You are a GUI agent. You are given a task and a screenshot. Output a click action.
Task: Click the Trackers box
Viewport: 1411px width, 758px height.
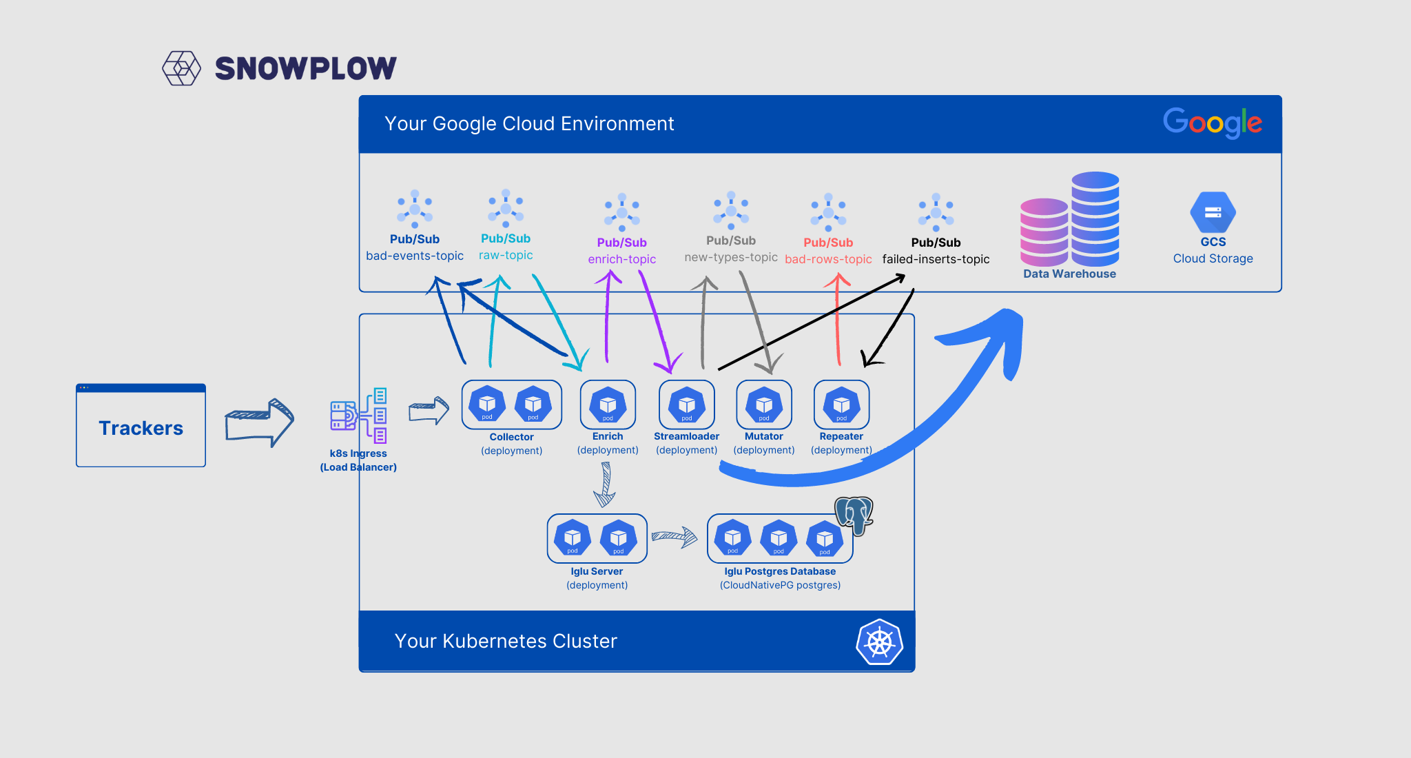(x=141, y=425)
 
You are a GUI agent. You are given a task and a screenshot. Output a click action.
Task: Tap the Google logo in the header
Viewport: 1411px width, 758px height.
(x=1213, y=123)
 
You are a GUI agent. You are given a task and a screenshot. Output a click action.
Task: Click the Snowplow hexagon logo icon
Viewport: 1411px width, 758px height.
(x=181, y=68)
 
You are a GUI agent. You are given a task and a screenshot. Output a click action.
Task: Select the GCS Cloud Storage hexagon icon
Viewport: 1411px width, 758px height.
(x=1213, y=212)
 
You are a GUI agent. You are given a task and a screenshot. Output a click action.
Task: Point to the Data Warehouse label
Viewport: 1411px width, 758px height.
(x=1069, y=274)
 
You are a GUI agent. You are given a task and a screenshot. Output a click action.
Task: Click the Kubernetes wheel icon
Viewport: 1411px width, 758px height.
(x=880, y=642)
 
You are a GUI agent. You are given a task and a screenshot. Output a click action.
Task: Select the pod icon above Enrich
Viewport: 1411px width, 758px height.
(x=608, y=404)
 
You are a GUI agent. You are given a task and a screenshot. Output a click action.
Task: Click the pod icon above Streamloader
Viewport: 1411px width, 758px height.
(x=687, y=404)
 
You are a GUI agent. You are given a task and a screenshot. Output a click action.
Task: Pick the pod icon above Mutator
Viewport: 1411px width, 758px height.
(x=764, y=404)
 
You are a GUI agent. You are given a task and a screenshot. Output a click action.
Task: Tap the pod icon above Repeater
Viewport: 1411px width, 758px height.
(x=841, y=404)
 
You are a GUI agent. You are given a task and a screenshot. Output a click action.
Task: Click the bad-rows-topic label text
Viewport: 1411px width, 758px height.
(x=828, y=259)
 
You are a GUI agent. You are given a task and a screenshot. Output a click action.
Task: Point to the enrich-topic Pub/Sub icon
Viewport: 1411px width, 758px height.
(x=621, y=212)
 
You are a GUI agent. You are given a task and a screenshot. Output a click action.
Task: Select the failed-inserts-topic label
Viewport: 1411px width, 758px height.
(x=936, y=259)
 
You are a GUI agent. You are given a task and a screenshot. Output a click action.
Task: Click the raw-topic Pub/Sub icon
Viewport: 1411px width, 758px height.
(x=506, y=208)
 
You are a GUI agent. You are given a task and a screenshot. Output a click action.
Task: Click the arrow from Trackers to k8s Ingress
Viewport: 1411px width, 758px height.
(x=260, y=422)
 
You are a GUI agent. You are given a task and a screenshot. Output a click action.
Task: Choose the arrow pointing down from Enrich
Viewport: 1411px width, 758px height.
(x=605, y=484)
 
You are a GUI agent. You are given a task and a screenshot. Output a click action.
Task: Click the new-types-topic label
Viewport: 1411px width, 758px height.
(x=731, y=257)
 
